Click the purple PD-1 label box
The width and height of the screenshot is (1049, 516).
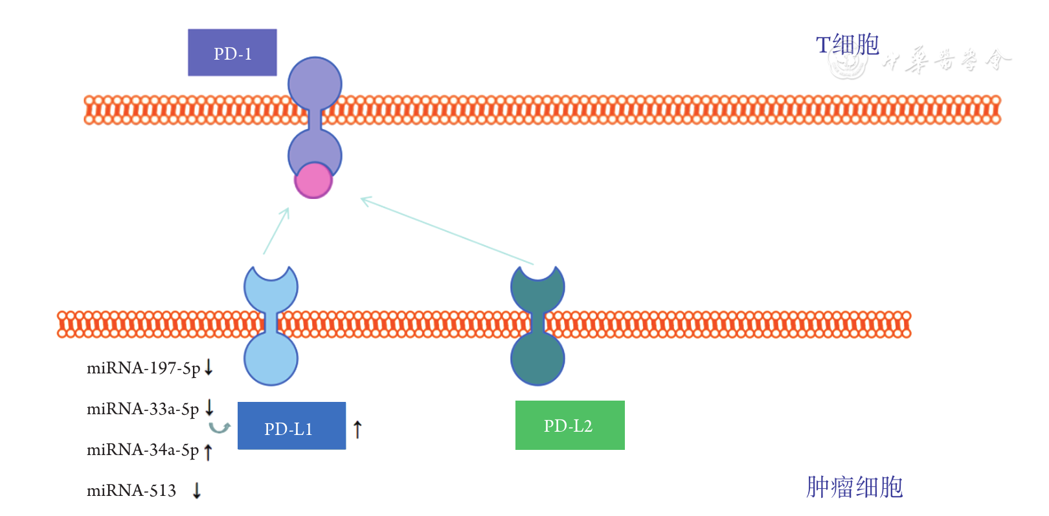pyautogui.click(x=232, y=53)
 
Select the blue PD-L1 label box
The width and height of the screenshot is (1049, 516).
pyautogui.click(x=291, y=426)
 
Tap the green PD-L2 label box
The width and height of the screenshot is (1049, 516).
pyautogui.click(x=570, y=425)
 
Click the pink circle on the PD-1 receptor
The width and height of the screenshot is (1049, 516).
pyautogui.click(x=313, y=180)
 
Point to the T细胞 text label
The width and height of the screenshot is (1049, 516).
pyautogui.click(x=847, y=45)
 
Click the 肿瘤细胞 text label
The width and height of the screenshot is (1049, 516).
pyautogui.click(x=854, y=487)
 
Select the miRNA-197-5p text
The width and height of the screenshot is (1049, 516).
pyautogui.click(x=143, y=368)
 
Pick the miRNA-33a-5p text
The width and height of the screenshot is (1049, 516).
pyautogui.click(x=142, y=409)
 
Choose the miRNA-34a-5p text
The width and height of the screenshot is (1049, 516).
pyautogui.click(x=142, y=450)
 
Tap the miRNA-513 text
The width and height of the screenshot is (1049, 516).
pyautogui.click(x=131, y=491)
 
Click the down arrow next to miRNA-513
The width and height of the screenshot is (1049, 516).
pyautogui.click(x=197, y=490)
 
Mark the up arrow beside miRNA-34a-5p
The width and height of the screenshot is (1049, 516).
pyautogui.click(x=208, y=452)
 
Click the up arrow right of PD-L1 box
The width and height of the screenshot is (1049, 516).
pyautogui.click(x=357, y=428)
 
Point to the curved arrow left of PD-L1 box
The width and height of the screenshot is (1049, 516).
pyautogui.click(x=220, y=427)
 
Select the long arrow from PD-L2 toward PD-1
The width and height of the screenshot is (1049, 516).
pyautogui.click(x=447, y=231)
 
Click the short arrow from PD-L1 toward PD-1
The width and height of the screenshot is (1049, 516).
pyautogui.click(x=276, y=231)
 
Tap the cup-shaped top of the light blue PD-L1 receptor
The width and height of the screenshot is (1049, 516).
pyautogui.click(x=271, y=286)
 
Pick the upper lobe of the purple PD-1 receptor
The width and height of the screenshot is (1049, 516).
pyautogui.click(x=315, y=84)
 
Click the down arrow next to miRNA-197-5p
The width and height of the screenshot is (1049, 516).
pyautogui.click(x=209, y=368)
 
